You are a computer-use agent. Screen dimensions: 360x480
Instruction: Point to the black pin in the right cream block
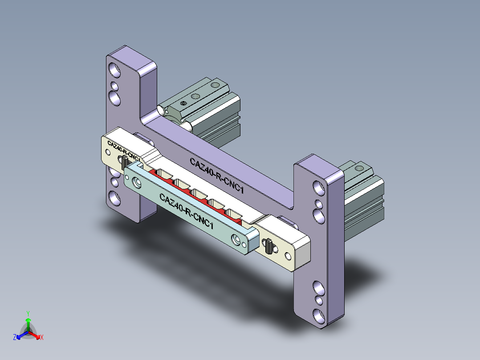coord(269,246)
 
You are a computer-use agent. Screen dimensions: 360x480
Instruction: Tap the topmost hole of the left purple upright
coord(115,70)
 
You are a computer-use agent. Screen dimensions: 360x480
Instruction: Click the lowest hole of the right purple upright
coord(319,315)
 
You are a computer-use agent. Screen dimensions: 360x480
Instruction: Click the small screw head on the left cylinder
coord(183,103)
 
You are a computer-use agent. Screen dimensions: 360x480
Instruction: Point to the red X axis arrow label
coord(42,338)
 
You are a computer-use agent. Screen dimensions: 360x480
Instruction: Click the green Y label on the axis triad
coord(28,313)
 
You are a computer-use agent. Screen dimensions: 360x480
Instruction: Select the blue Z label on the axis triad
coord(15,338)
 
